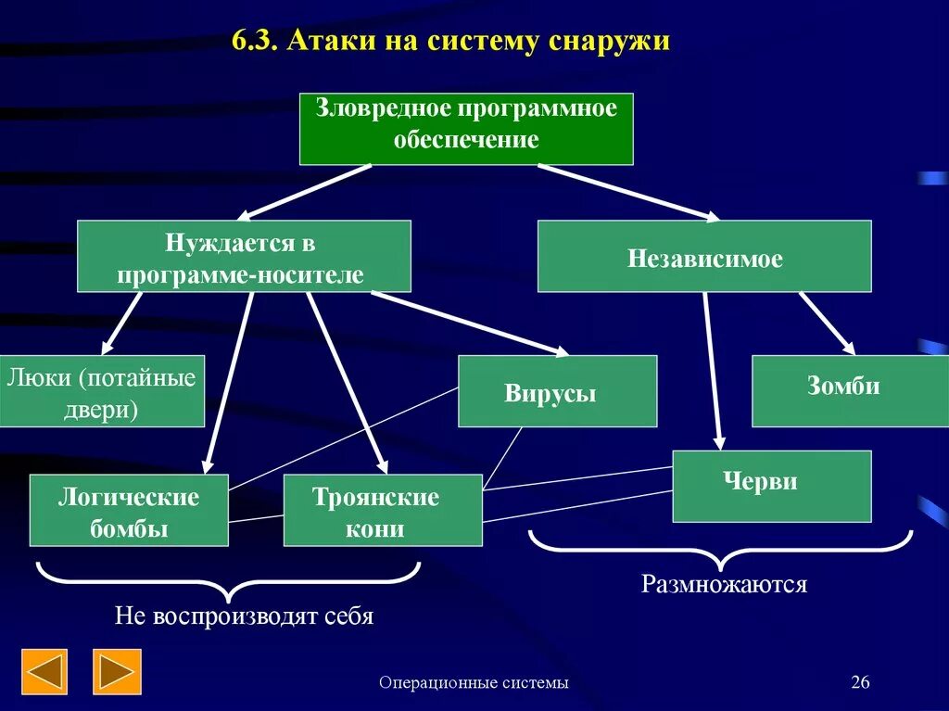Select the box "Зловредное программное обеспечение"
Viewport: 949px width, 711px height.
466,128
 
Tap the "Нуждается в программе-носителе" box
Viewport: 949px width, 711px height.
244,256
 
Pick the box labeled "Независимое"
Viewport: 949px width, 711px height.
704,257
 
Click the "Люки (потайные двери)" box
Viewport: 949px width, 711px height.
101,391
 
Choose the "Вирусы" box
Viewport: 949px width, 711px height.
557,391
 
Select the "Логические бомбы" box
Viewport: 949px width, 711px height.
129,511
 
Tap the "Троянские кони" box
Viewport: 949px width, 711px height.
383,511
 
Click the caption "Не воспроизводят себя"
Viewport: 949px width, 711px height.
244,616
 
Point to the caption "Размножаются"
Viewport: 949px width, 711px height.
724,584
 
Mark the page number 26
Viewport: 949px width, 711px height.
860,683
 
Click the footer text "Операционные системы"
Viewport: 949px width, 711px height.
474,683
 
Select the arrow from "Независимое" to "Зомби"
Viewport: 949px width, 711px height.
827,323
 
